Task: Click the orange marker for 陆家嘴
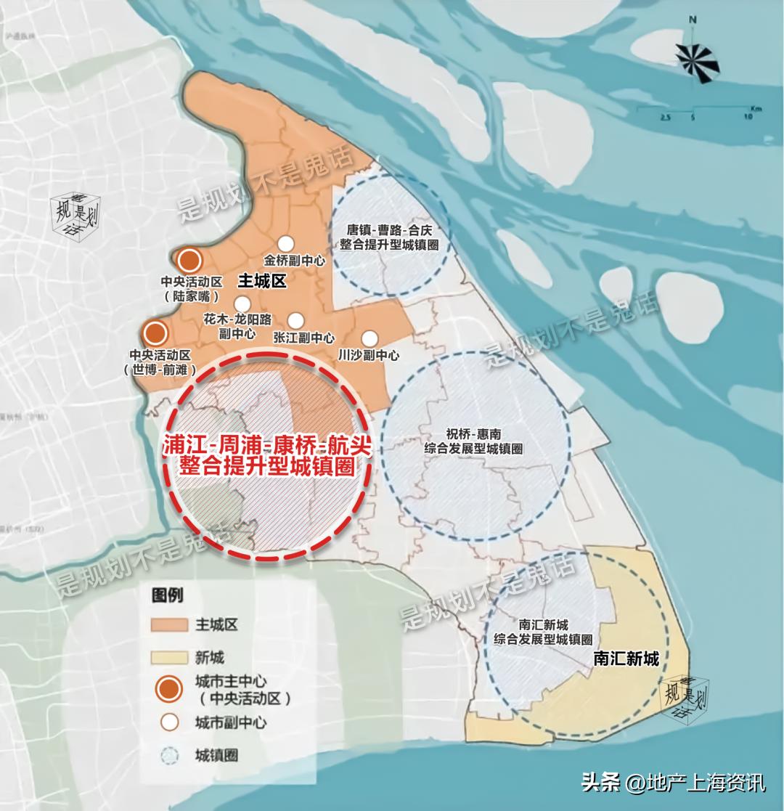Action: (189, 260)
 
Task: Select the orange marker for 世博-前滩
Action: (155, 334)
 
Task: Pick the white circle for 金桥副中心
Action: (285, 244)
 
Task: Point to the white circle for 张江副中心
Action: (295, 320)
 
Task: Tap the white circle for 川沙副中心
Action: (369, 338)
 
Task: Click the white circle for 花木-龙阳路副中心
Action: (242, 303)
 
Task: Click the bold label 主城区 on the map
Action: (263, 282)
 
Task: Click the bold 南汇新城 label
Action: (626, 659)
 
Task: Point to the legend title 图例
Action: (167, 595)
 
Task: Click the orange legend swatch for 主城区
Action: (169, 625)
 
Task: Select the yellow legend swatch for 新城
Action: (169, 658)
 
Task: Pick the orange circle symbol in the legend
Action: (168, 689)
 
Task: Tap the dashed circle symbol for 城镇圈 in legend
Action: (168, 756)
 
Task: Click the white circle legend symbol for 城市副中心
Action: (168, 722)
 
